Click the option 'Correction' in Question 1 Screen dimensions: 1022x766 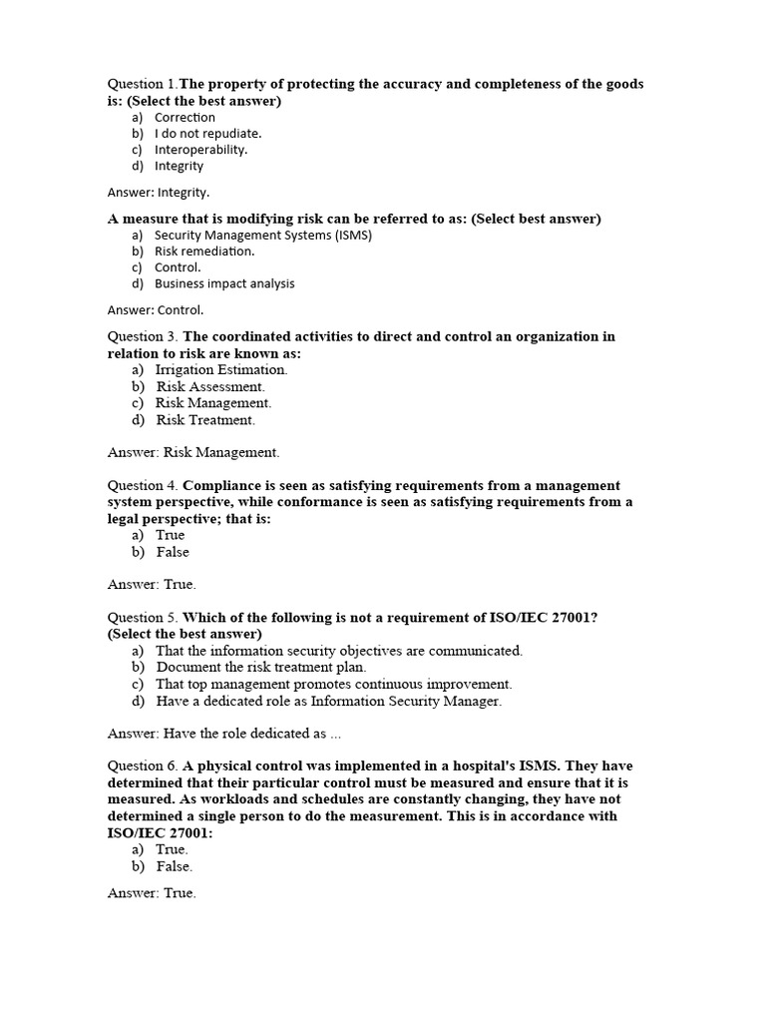tap(185, 117)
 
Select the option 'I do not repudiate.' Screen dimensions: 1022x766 tap(207, 133)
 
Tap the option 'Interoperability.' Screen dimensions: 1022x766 tap(200, 150)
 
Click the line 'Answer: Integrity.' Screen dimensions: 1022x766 tap(159, 193)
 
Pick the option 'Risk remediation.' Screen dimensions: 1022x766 tap(203, 252)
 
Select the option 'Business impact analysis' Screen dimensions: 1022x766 tap(224, 283)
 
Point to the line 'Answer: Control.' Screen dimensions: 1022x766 tap(156, 309)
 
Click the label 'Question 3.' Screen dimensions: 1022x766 tap(143, 336)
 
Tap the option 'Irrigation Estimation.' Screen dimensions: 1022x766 tap(221, 369)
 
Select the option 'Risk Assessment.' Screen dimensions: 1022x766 tap(210, 386)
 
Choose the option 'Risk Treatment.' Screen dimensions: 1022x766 tap(205, 420)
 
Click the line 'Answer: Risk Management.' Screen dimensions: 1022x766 tap(193, 452)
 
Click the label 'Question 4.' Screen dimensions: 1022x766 tap(143, 485)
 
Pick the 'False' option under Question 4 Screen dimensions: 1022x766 tap(173, 552)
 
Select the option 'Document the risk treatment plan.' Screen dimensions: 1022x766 tap(261, 667)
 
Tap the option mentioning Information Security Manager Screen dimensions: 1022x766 tap(328, 701)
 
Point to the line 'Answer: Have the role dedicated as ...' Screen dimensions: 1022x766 tap(224, 734)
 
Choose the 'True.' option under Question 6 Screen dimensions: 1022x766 tap(172, 849)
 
